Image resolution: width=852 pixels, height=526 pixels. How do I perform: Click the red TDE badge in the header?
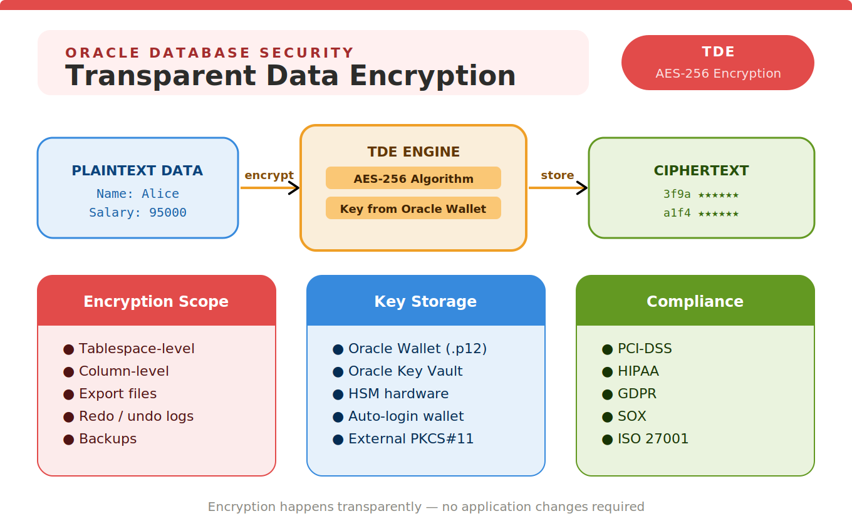point(718,63)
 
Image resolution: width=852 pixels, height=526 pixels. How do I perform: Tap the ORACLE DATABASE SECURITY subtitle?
point(210,53)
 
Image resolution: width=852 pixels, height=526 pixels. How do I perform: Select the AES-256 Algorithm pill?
point(413,178)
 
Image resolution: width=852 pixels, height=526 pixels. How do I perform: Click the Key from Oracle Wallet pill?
point(413,208)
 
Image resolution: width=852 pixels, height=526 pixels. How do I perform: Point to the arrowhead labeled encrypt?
point(294,188)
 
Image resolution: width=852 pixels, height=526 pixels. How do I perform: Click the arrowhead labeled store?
point(582,188)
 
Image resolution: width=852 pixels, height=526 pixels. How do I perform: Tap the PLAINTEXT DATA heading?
point(137,171)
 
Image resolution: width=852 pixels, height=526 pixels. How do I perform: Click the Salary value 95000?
point(168,212)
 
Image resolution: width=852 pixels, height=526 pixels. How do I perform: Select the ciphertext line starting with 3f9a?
point(701,194)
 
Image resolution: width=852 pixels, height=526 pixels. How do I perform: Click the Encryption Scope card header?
point(157,301)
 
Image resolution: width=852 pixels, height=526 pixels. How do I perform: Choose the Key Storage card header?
point(426,301)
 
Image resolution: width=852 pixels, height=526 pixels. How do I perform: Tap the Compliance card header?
point(695,301)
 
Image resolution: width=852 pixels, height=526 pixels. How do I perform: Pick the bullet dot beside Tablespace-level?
point(68,349)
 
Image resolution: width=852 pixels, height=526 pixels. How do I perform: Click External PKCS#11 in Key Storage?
point(411,438)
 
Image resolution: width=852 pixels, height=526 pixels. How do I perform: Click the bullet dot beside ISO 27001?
point(608,440)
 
